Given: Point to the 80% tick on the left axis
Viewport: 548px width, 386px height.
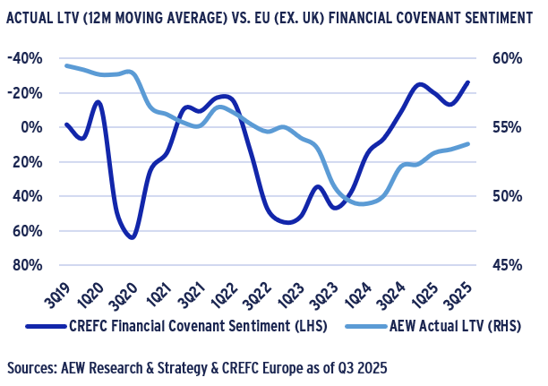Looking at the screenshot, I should [32, 265].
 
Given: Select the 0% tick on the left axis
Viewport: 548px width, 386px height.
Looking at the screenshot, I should [36, 127].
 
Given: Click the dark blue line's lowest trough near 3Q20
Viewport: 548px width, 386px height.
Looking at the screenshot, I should [132, 237].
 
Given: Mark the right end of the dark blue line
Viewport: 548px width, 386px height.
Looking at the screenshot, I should [467, 82].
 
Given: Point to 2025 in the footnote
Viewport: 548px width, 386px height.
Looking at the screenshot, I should [379, 368].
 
